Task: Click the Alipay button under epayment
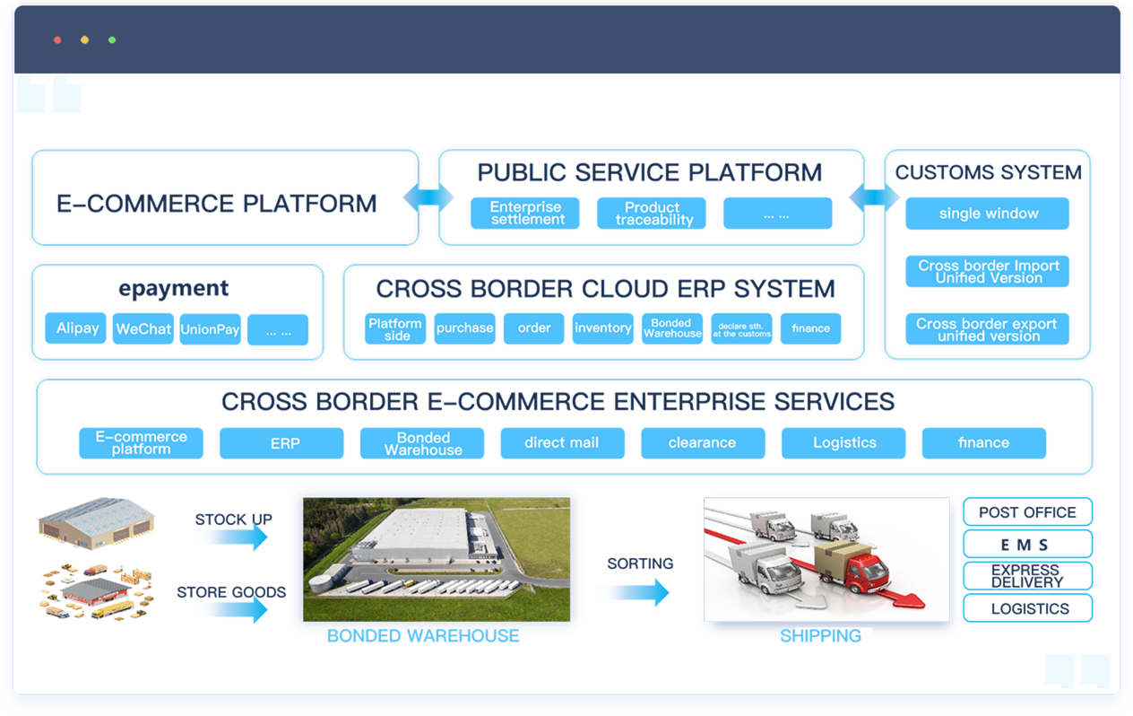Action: pyautogui.click(x=77, y=328)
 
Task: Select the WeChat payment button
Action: pyautogui.click(x=143, y=329)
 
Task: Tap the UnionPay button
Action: pyautogui.click(x=210, y=329)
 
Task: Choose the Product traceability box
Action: pyautogui.click(x=652, y=214)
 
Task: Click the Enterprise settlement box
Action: pyautogui.click(x=525, y=214)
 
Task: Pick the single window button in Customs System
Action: pyautogui.click(x=987, y=214)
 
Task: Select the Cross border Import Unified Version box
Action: pyautogui.click(x=987, y=272)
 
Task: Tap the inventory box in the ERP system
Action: pyautogui.click(x=603, y=328)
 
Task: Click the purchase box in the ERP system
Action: pyautogui.click(x=464, y=328)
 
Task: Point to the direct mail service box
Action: pyautogui.click(x=562, y=443)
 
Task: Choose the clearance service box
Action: pyautogui.click(x=703, y=443)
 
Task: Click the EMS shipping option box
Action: pyautogui.click(x=1027, y=545)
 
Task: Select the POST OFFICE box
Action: pyautogui.click(x=1027, y=512)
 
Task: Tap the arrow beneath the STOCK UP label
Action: pyautogui.click(x=232, y=537)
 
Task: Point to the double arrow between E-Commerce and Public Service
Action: pyautogui.click(x=428, y=198)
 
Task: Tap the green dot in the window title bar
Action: pyautogui.click(x=112, y=40)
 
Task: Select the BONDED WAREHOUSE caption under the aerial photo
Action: pyautogui.click(x=423, y=636)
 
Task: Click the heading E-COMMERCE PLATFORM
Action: pyautogui.click(x=217, y=204)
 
